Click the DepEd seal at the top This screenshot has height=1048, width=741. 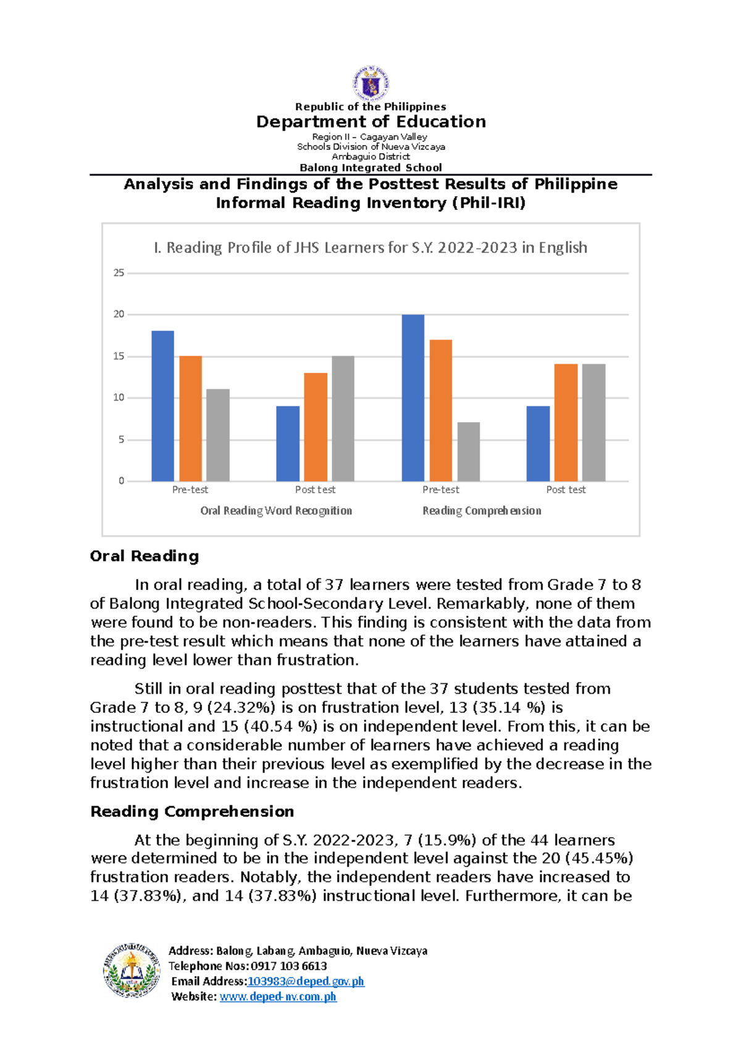371,82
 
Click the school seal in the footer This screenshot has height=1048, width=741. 132,970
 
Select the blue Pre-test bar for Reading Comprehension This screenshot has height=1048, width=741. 412,398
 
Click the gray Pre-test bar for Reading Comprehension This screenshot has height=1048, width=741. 469,452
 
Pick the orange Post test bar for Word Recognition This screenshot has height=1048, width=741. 316,427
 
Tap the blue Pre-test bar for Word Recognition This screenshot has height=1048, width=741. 163,406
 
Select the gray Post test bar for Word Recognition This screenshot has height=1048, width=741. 343,418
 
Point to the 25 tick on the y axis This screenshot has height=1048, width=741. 119,273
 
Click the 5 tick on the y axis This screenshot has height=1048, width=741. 121,439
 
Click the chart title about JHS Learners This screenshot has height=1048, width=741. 370,247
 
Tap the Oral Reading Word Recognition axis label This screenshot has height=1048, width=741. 276,510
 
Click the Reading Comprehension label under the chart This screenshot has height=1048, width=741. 482,510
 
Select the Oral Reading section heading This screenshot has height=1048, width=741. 144,556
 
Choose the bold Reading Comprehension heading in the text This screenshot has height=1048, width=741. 192,812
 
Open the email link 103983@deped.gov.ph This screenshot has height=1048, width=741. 306,981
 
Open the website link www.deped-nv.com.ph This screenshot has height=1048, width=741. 278,996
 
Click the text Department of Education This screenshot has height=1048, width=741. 371,122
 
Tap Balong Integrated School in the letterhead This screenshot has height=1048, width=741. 371,167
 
